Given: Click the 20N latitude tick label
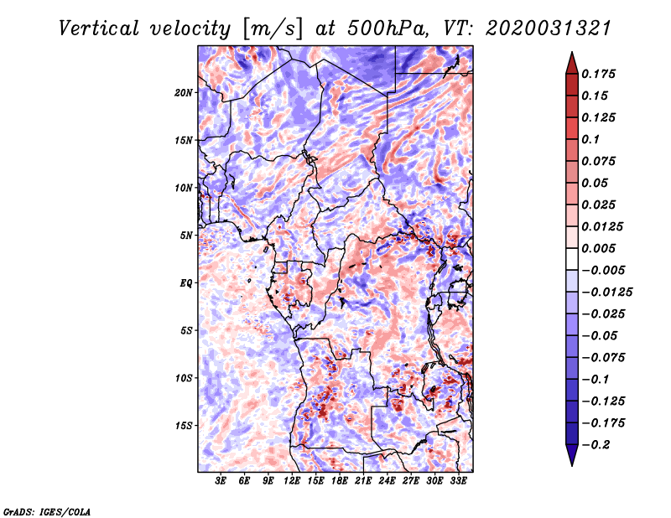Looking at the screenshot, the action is click(x=184, y=93).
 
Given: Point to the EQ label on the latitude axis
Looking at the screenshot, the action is click(x=185, y=283).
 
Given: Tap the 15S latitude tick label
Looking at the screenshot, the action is click(x=184, y=426).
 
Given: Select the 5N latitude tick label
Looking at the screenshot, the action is click(x=186, y=236).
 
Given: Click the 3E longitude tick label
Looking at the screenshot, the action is click(x=221, y=481).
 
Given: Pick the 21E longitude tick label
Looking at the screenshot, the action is click(x=363, y=481).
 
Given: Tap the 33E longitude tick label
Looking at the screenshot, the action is click(x=458, y=481).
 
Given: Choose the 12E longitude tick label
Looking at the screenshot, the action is click(x=291, y=481).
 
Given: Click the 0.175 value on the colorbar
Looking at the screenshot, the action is click(x=598, y=74).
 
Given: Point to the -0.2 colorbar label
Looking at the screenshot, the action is click(x=596, y=445).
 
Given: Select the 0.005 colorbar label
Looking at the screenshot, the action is click(x=598, y=248).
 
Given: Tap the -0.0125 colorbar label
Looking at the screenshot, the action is click(x=606, y=293).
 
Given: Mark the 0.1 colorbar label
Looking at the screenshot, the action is click(x=590, y=139).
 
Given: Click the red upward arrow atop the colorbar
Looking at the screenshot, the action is click(x=572, y=63).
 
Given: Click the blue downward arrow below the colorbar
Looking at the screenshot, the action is click(x=572, y=455).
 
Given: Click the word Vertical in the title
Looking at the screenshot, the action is click(x=99, y=28).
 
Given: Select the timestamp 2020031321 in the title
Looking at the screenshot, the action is click(x=548, y=28).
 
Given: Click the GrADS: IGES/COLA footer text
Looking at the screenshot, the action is click(x=47, y=511).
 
